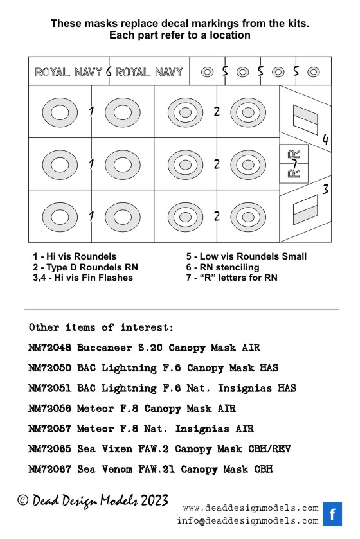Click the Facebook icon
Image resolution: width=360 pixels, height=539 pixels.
point(332,514)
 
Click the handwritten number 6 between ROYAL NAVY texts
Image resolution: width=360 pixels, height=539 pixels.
point(109,71)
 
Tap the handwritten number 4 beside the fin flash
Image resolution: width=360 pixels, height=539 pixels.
point(325,139)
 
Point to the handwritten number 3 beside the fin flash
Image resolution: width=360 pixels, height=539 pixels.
point(325,189)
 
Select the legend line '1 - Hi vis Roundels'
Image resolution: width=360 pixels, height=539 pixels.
point(75,256)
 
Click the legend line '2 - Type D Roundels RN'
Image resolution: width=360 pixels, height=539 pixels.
point(85,267)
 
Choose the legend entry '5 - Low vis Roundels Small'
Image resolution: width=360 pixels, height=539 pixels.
point(246,256)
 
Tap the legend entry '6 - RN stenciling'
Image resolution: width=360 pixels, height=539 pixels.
point(223,267)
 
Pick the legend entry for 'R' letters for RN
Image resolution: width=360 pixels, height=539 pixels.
point(231,278)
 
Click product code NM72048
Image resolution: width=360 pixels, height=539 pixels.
point(50,348)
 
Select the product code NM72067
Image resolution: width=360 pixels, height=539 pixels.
point(50,469)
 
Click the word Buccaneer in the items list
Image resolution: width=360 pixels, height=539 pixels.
point(105,348)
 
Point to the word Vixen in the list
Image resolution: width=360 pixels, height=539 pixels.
point(117,449)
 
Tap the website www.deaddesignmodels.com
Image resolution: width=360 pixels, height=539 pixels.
point(251,508)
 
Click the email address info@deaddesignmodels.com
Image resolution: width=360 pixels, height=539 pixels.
point(248,521)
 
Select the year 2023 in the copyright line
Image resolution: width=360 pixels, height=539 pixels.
point(154,500)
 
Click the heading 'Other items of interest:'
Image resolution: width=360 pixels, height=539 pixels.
point(102,327)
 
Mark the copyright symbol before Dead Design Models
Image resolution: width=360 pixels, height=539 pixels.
point(22,500)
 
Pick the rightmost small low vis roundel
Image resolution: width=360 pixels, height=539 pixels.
point(314,72)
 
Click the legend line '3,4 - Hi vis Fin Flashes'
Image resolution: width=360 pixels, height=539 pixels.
point(83,278)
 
